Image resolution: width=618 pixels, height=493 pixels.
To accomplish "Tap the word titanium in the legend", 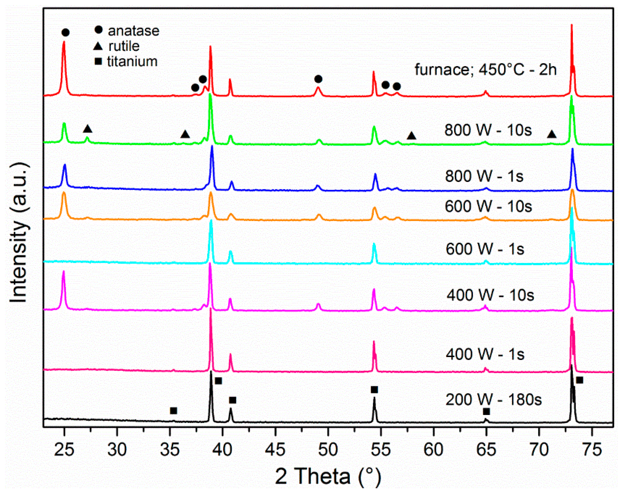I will tap(132, 61).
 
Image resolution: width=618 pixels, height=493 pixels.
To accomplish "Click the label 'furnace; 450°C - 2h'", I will tap(486, 69).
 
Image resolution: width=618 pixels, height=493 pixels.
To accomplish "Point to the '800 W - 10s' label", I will tap(488, 130).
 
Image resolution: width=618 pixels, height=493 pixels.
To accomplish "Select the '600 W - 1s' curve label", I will tap(485, 249).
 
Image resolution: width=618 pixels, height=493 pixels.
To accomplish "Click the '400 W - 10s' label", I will tap(490, 295).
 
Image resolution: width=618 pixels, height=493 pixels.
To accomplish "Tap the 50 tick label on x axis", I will tap(328, 450).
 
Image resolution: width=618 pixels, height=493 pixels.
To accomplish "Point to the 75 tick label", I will tap(592, 450).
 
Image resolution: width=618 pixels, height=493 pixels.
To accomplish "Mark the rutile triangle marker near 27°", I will tap(88, 129).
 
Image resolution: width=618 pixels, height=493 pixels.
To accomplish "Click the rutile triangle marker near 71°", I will tap(551, 134).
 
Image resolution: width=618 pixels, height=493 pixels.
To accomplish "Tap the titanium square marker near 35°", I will tap(173, 411).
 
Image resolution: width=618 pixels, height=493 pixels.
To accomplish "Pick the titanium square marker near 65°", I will tap(486, 411).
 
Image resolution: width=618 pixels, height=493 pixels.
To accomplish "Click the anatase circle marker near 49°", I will tap(318, 79).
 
